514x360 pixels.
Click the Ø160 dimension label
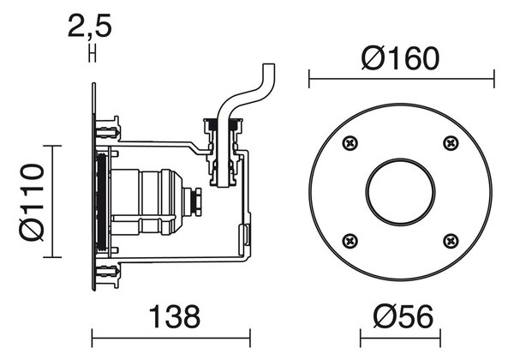click(x=400, y=58)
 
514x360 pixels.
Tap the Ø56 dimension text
click(x=403, y=316)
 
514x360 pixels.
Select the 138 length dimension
click(x=175, y=316)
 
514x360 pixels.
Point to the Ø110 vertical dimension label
click(x=32, y=202)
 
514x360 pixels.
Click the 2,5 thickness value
click(x=90, y=26)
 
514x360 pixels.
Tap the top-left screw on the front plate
click(x=350, y=143)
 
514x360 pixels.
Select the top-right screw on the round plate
click(x=451, y=143)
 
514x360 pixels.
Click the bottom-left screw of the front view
click(x=350, y=242)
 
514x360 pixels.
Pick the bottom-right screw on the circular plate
click(x=451, y=242)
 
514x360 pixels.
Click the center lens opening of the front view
click(x=400, y=192)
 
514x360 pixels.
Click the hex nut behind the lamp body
click(x=198, y=201)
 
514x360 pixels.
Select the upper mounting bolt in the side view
click(x=108, y=132)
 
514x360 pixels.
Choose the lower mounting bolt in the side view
click(x=108, y=271)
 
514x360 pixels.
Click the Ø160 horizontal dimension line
click(x=402, y=79)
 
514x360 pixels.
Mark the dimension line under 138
click(x=171, y=338)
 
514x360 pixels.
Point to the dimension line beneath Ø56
click(x=400, y=338)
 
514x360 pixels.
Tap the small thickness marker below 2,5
click(x=93, y=53)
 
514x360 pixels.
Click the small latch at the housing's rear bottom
click(x=244, y=234)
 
